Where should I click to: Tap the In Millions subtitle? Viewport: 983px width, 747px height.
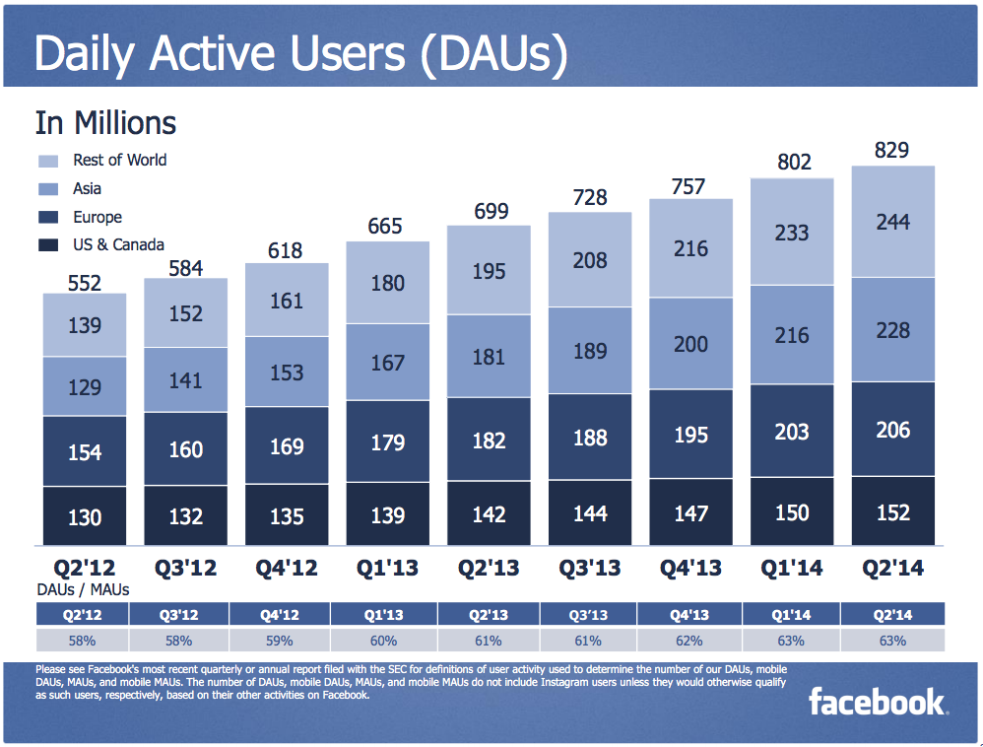(x=105, y=123)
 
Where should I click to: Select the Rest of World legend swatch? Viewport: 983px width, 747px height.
(x=50, y=161)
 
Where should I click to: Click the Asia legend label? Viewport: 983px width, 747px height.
(x=87, y=188)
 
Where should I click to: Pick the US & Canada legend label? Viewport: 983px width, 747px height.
(x=118, y=244)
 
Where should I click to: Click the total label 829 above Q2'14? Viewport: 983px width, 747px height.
(x=891, y=151)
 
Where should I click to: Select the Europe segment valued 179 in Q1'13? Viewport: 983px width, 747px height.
(x=387, y=442)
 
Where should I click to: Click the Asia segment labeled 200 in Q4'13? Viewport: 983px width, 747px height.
(x=690, y=343)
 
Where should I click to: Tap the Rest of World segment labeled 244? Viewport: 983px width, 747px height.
(x=891, y=222)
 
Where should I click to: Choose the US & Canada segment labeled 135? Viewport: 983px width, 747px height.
(x=287, y=515)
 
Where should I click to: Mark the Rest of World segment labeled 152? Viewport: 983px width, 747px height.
(x=186, y=313)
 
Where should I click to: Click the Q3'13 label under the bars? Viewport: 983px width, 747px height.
(x=590, y=569)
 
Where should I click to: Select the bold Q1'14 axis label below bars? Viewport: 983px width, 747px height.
(x=791, y=569)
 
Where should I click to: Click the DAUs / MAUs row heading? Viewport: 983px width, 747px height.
(x=83, y=589)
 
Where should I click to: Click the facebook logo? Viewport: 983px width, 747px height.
(x=877, y=702)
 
